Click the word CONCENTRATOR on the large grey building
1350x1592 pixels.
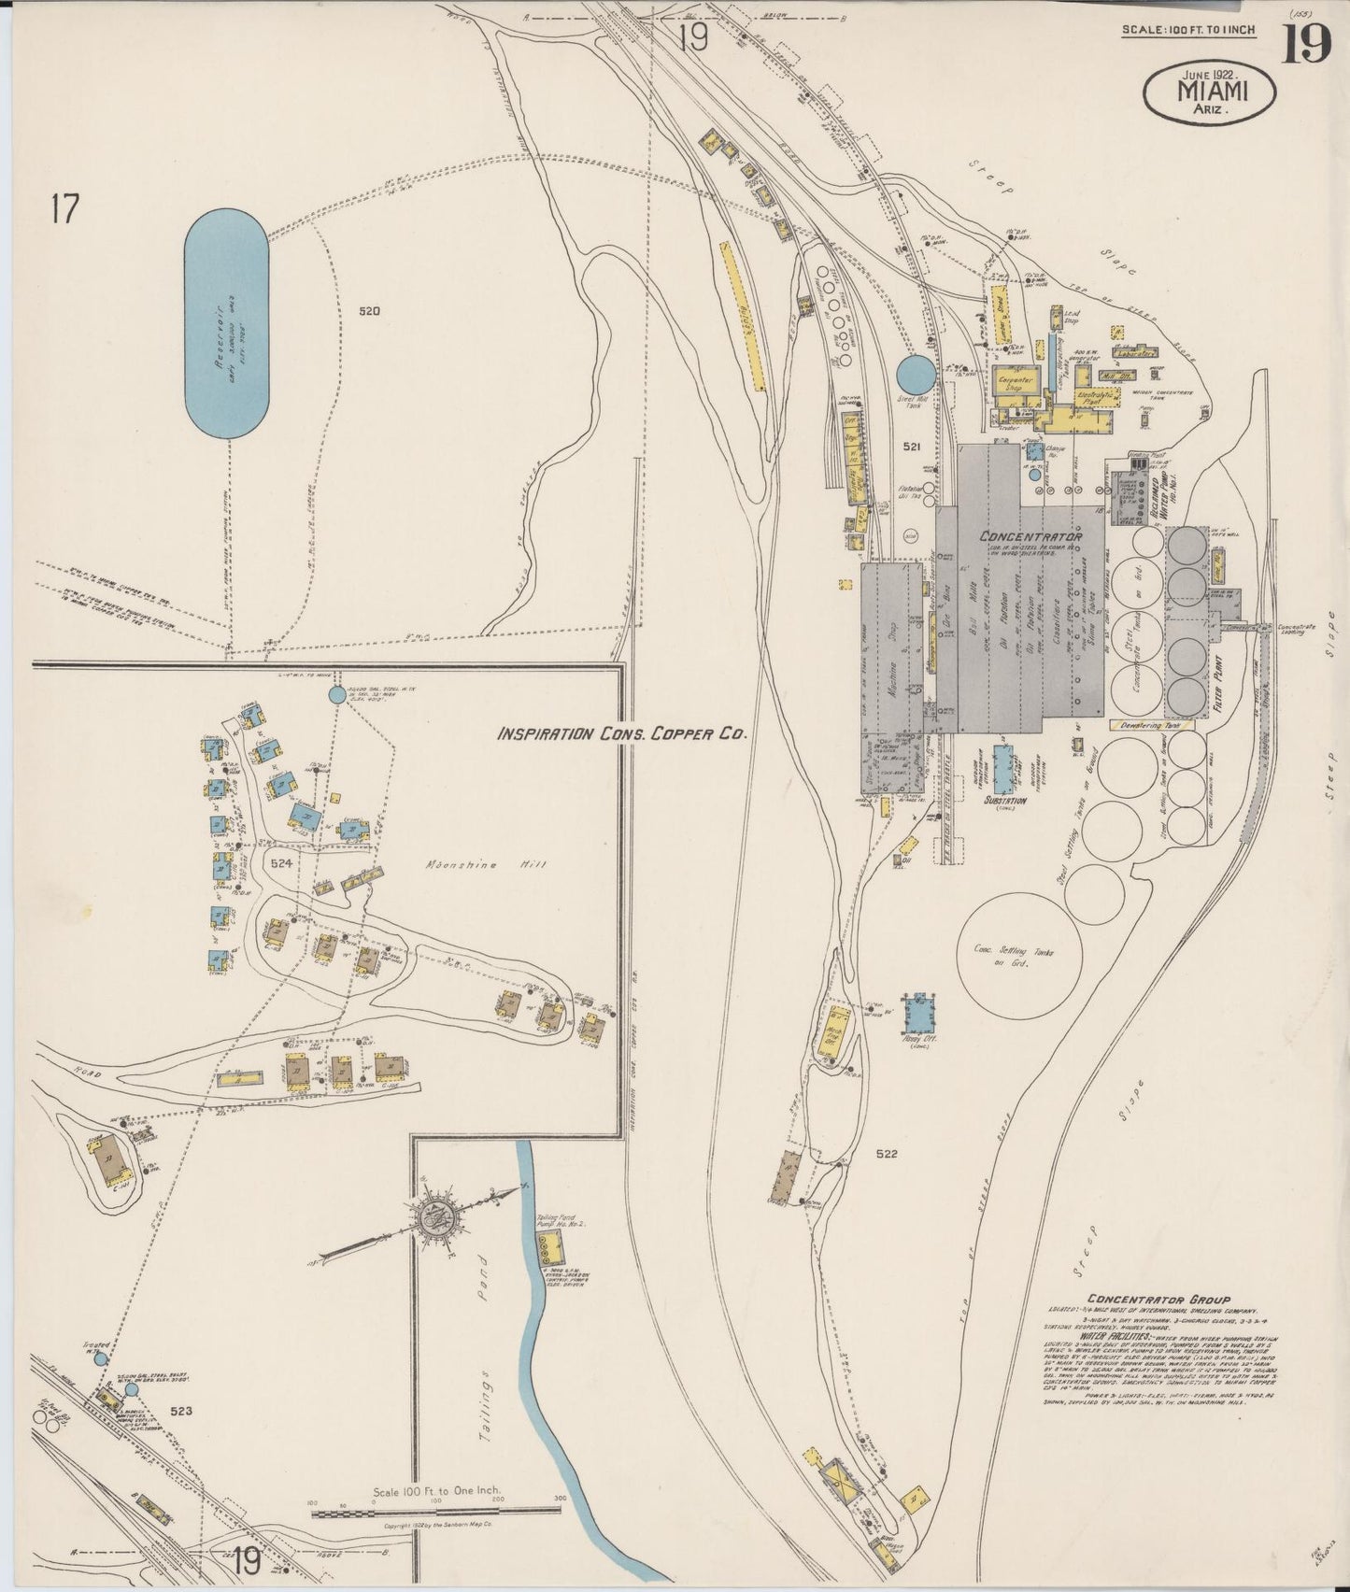(1030, 537)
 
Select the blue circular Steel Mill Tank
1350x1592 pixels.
(914, 374)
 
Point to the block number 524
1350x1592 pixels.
(282, 863)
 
